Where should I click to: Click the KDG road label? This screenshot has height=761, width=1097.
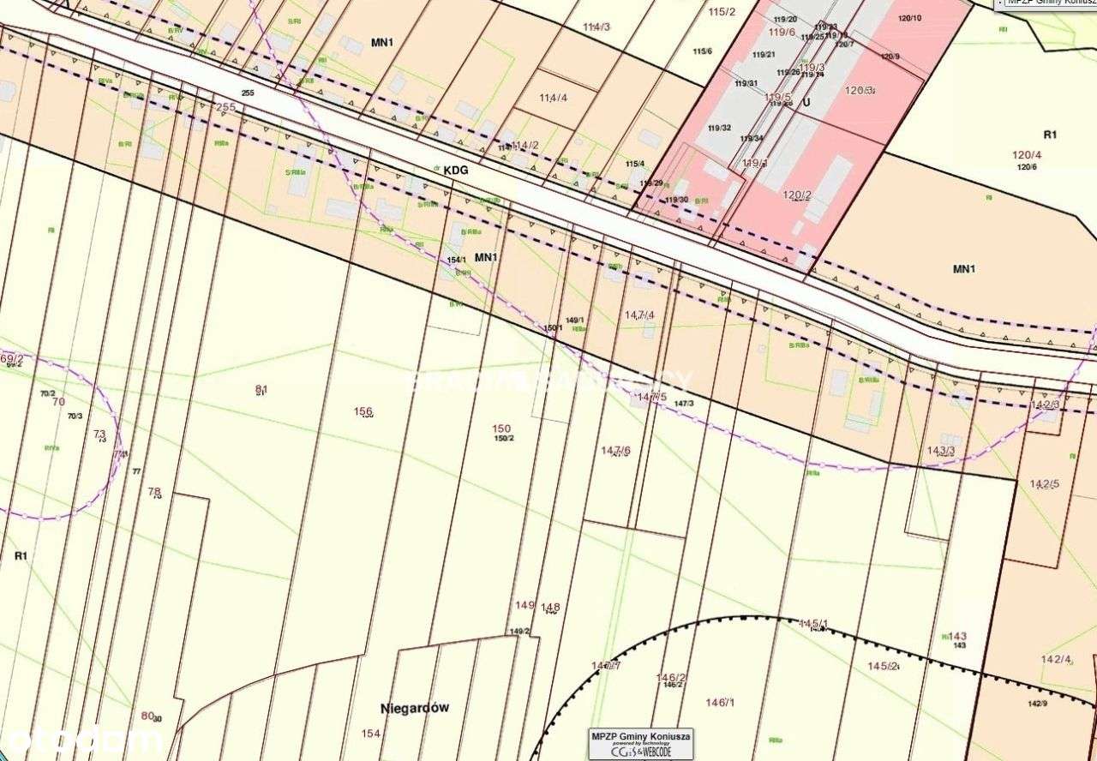[456, 171]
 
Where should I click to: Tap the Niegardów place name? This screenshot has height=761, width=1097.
[415, 708]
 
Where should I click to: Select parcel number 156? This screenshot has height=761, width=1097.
[363, 411]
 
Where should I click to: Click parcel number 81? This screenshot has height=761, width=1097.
[261, 390]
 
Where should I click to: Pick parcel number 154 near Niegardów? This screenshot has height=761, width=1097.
[370, 734]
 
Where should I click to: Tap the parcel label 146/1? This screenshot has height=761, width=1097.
[721, 703]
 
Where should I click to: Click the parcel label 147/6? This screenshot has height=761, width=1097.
[615, 450]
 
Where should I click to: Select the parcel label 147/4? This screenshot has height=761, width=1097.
[639, 315]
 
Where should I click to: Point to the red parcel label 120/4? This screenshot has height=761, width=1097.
[1027, 155]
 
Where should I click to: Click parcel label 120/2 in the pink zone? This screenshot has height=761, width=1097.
[797, 195]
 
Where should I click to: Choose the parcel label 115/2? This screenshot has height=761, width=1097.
[722, 11]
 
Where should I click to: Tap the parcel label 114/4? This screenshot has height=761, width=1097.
[553, 98]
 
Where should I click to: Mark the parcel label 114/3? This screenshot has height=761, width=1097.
[596, 27]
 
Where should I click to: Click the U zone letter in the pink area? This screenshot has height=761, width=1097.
[806, 101]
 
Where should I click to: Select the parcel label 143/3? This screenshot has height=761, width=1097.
[941, 450]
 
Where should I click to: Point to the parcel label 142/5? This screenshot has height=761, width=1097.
[1045, 484]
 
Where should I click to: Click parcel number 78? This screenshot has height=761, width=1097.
[154, 492]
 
